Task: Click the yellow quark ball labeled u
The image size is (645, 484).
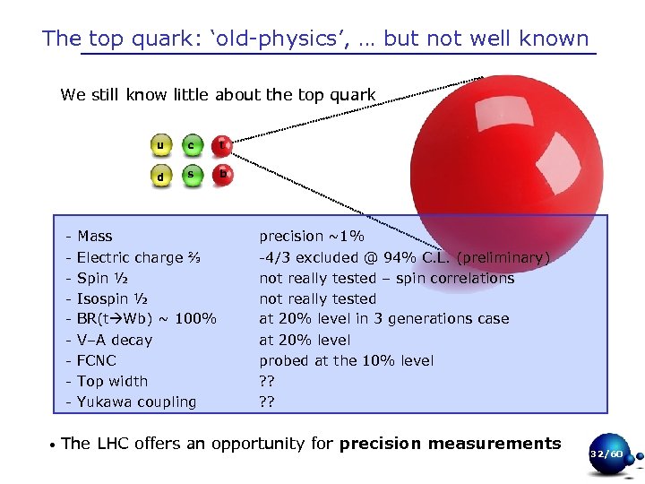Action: click(x=160, y=145)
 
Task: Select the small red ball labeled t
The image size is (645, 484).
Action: click(x=222, y=144)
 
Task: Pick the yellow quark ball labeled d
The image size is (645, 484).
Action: click(x=160, y=177)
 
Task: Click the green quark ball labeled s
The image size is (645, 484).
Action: click(x=191, y=175)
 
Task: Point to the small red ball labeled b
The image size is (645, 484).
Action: click(x=223, y=175)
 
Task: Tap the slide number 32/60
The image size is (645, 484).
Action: click(x=606, y=454)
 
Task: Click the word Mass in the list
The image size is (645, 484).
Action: click(x=94, y=237)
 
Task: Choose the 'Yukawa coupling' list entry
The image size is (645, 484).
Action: click(x=136, y=402)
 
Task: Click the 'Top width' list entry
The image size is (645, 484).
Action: click(x=112, y=382)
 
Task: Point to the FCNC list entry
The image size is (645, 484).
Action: click(x=96, y=361)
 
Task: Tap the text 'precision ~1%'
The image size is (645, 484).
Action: click(x=312, y=237)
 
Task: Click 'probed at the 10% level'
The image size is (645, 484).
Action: click(x=346, y=361)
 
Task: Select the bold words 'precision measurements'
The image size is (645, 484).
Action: click(x=450, y=444)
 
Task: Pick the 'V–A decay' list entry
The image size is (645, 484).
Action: click(x=115, y=341)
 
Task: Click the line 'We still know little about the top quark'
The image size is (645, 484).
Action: click(x=218, y=95)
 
